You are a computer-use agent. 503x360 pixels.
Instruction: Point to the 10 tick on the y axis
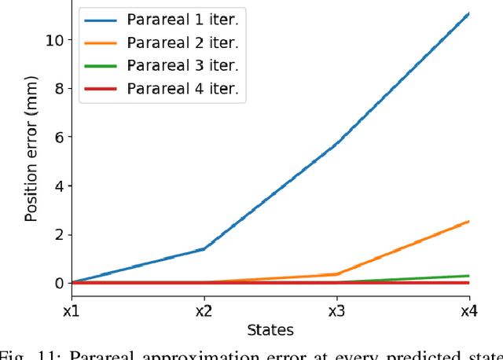53,39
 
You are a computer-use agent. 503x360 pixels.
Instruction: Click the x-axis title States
270,329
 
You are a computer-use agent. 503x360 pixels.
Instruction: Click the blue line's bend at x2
204,248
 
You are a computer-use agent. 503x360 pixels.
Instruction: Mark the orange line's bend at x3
337,274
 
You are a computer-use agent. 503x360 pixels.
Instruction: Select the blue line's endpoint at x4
469,13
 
